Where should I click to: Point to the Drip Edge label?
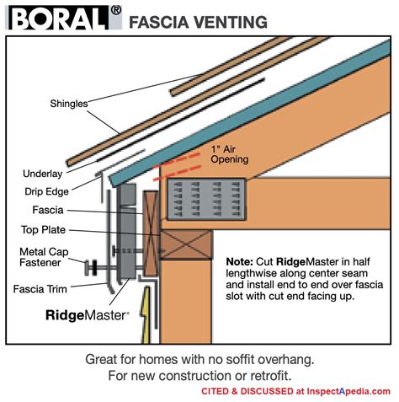coord(45,191)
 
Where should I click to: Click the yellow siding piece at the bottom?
coord(149,315)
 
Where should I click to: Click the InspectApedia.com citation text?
coord(297,391)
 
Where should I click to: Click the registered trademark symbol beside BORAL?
coord(116,10)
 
